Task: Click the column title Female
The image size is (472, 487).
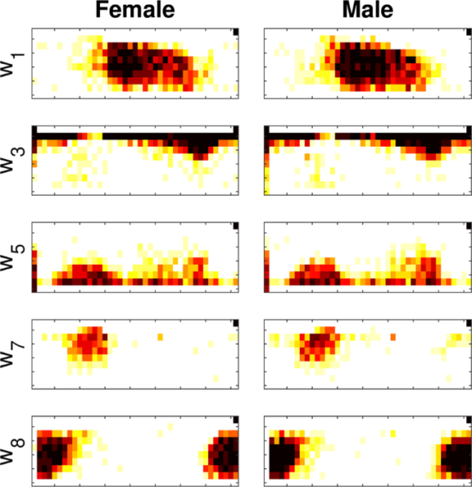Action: pos(133,11)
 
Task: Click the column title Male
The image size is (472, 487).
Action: pos(367,11)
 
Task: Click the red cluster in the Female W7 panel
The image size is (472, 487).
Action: pos(89,347)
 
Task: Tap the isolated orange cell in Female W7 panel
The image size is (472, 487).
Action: pos(161,335)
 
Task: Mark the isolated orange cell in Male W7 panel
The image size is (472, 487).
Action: pos(394,335)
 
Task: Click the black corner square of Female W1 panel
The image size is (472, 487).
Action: pos(236,32)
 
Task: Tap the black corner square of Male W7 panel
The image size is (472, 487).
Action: pos(468,323)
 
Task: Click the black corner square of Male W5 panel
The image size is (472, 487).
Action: pos(468,226)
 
